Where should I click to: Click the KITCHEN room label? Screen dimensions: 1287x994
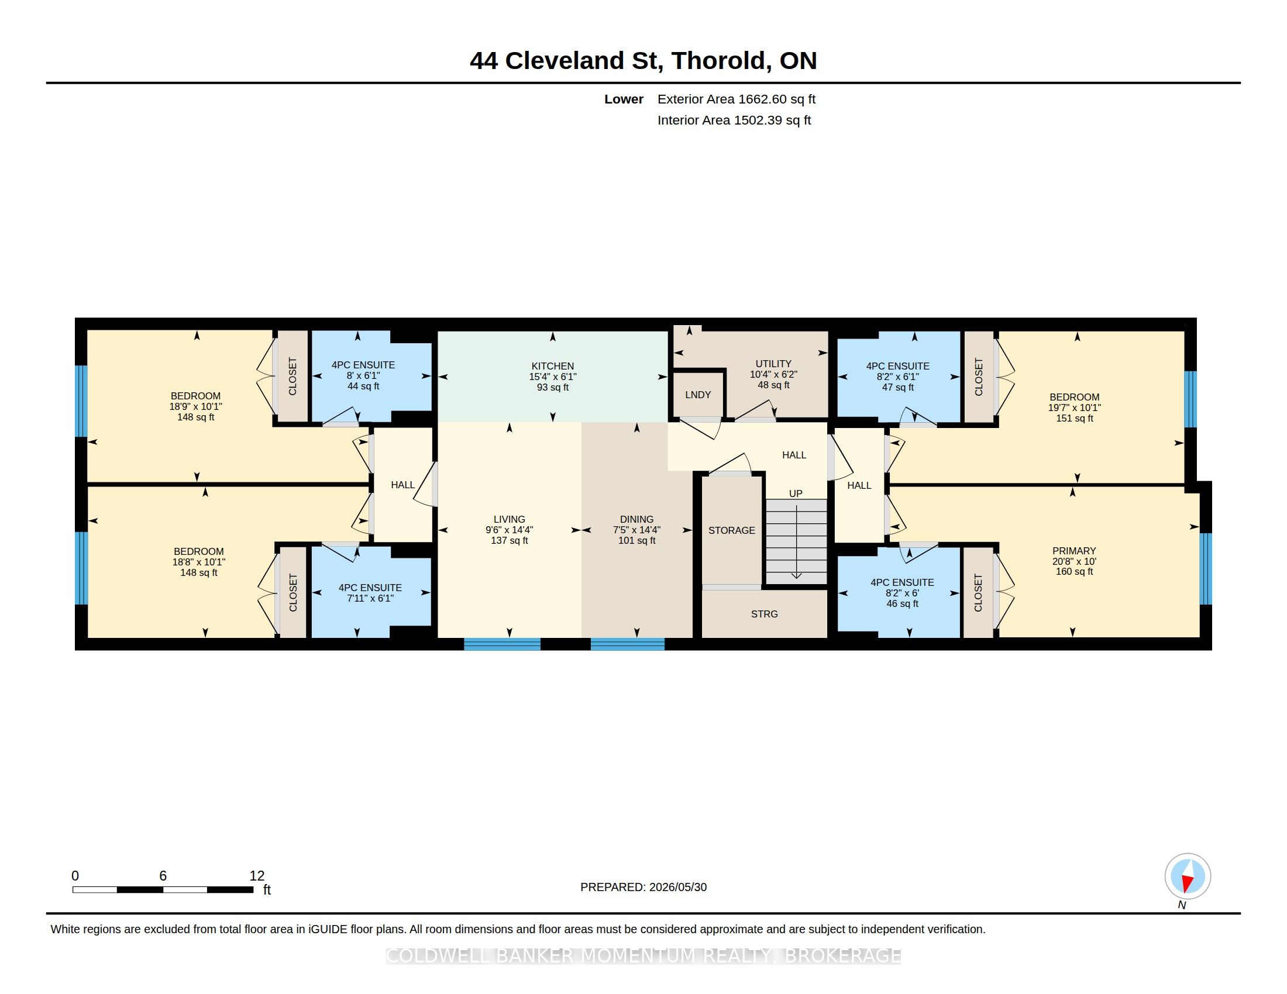click(x=552, y=365)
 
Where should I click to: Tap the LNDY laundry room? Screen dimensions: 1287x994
click(x=698, y=395)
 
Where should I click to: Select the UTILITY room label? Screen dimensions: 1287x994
click(x=773, y=364)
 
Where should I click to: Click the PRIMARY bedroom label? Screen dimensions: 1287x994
click(x=1073, y=551)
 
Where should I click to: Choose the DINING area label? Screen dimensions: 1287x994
click(x=636, y=519)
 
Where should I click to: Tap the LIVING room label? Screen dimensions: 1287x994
click(x=509, y=519)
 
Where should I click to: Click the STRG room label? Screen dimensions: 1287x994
click(x=765, y=614)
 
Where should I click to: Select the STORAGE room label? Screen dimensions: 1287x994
click(x=731, y=530)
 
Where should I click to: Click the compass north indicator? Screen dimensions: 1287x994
click(x=1188, y=876)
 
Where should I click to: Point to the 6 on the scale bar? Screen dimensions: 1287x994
click(x=163, y=876)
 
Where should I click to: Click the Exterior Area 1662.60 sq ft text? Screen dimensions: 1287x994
click(x=737, y=99)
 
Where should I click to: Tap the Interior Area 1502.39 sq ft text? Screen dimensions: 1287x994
click(x=734, y=120)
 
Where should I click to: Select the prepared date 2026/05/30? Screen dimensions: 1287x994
click(x=677, y=887)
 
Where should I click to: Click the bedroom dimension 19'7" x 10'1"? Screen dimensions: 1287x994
click(x=1074, y=408)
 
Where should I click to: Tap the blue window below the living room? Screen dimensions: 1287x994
click(x=502, y=644)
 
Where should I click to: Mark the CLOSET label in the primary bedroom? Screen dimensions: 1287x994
click(x=978, y=593)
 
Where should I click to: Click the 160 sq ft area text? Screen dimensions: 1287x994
click(x=1074, y=572)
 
